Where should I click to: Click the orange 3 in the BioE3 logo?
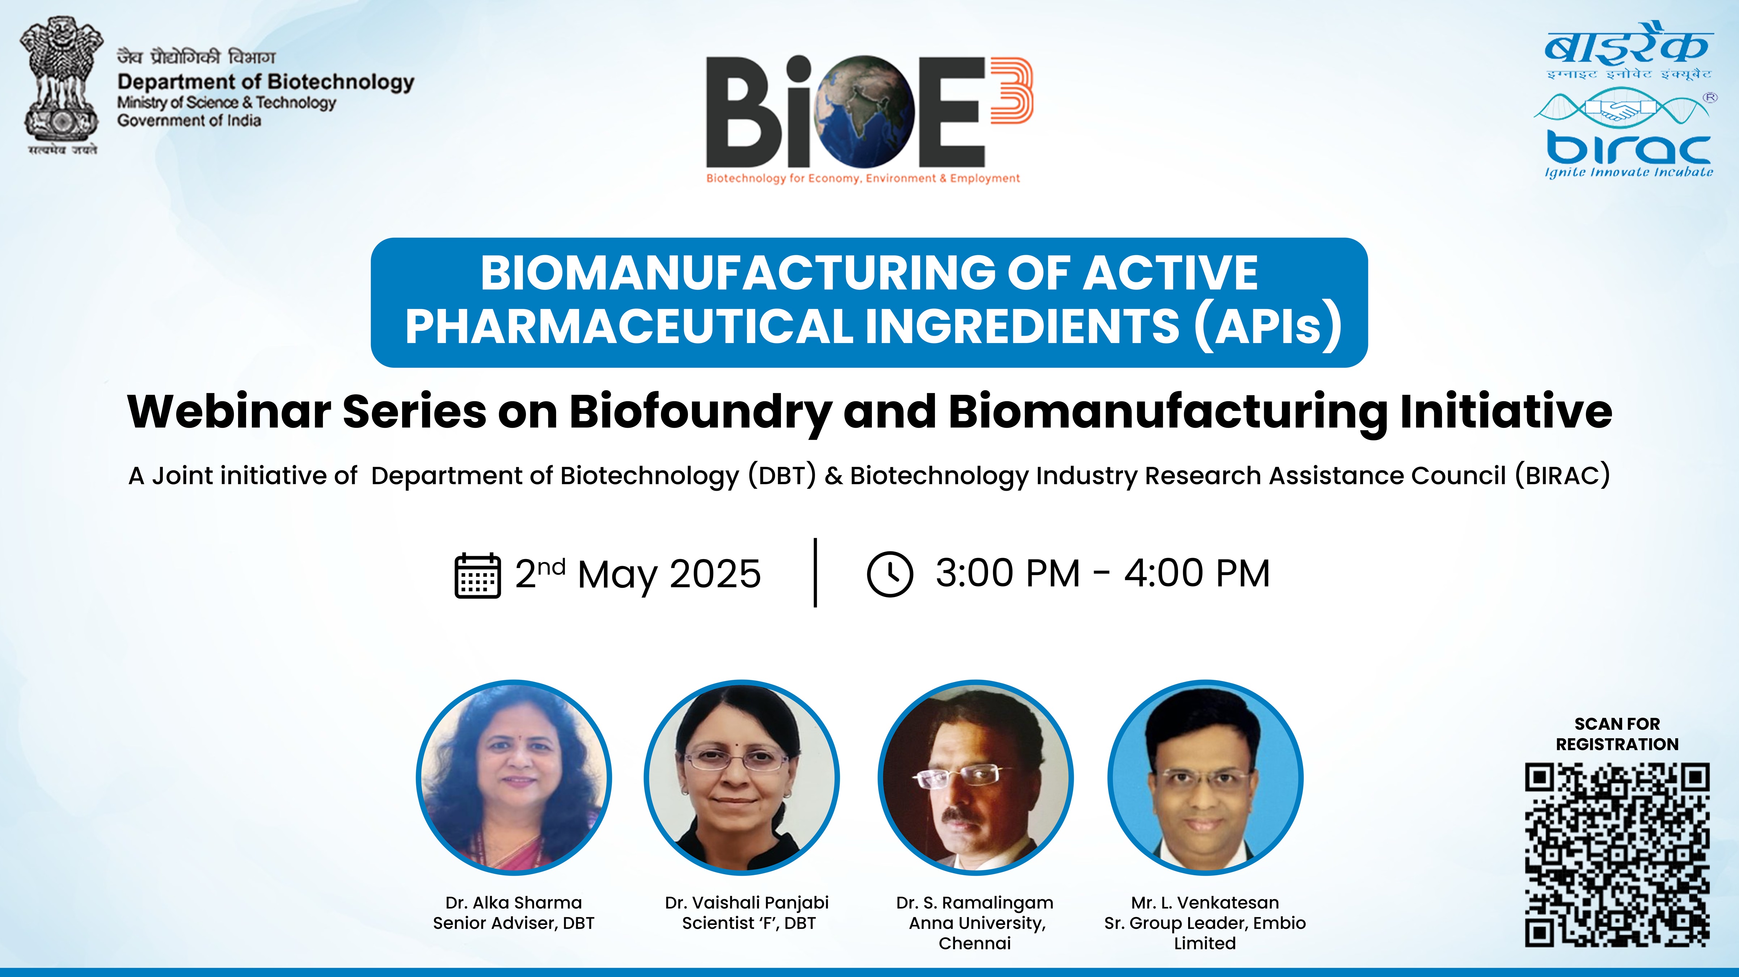click(1010, 90)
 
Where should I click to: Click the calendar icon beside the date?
click(477, 575)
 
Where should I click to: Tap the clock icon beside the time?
click(890, 574)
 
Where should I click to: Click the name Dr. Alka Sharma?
click(513, 903)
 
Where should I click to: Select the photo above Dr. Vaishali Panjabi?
click(741, 778)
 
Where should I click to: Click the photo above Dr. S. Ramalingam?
click(975, 778)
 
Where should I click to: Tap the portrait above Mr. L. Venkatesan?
click(1205, 778)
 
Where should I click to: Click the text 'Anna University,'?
click(977, 923)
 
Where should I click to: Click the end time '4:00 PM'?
click(1197, 574)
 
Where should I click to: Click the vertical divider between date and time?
click(815, 572)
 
